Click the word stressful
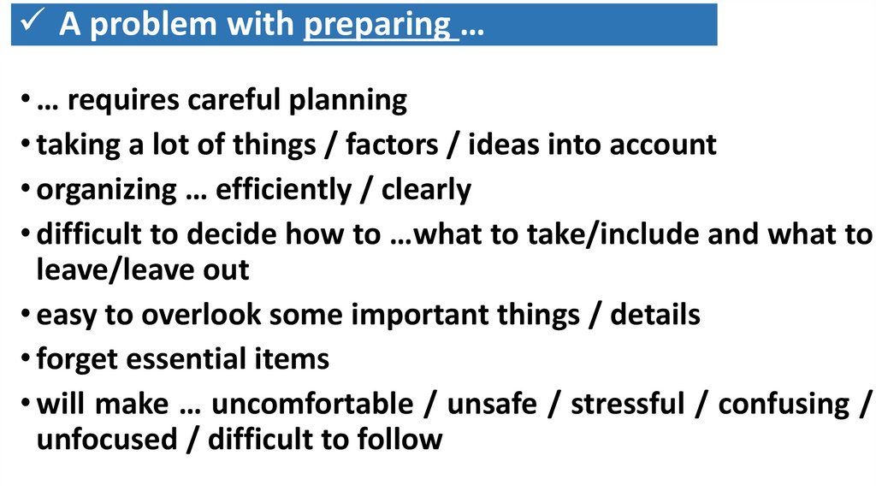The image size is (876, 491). (628, 403)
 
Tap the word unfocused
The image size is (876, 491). (105, 440)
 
